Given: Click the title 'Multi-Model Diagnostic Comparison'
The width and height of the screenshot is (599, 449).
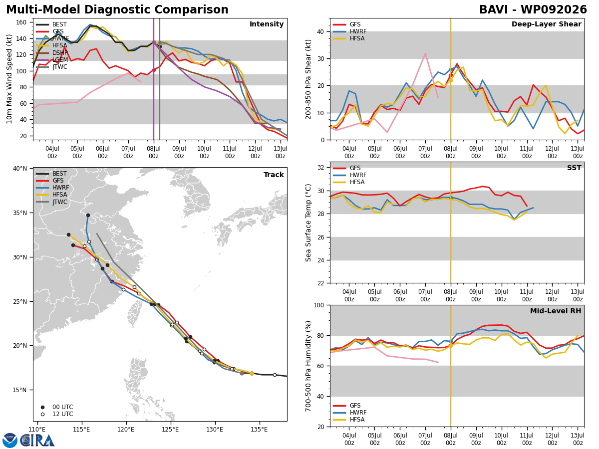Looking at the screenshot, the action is [117, 10].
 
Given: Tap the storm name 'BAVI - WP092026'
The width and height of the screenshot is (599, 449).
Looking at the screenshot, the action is [533, 10].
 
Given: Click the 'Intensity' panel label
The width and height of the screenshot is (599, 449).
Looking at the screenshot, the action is [267, 24].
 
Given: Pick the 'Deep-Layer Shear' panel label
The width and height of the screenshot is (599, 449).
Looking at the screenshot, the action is [546, 24].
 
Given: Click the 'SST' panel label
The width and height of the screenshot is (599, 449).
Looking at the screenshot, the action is [574, 168].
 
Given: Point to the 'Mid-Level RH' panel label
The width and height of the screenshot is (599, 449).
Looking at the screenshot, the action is [556, 311].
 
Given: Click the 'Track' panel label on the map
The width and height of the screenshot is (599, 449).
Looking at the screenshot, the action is [274, 175].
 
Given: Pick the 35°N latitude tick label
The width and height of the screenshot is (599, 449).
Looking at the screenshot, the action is [20, 213].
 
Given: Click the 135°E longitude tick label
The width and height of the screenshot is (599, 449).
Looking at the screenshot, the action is [259, 430].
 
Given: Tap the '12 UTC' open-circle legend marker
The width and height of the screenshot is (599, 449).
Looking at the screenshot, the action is [42, 414].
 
